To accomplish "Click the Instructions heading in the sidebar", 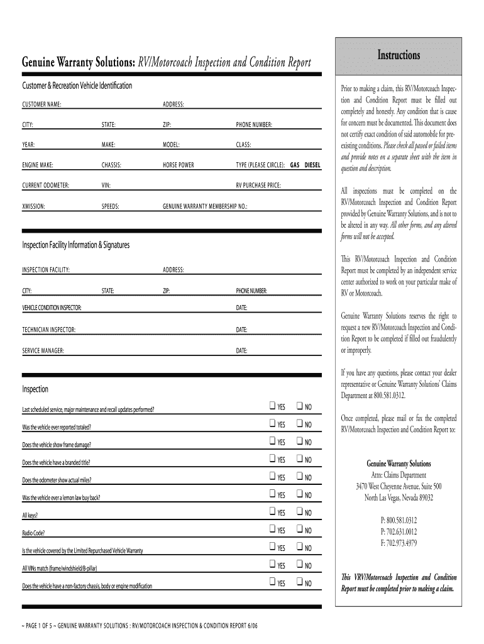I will [399, 55].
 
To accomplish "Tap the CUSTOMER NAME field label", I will [41, 104].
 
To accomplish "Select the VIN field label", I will [106, 186].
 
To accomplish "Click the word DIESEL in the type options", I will [312, 165].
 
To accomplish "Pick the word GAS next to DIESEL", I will [294, 165].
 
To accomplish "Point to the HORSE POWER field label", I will [179, 165].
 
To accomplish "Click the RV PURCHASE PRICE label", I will [258, 186].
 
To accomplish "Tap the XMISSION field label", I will [33, 206].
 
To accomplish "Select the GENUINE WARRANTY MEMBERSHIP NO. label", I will [205, 206].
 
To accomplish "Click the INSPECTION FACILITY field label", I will [46, 270].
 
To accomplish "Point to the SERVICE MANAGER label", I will [43, 350].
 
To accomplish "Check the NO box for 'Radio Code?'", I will [300, 530].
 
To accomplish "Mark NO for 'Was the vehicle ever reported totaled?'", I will [300, 424].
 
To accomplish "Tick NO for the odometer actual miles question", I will [300, 477].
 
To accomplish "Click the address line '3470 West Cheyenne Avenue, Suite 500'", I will [399, 486].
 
